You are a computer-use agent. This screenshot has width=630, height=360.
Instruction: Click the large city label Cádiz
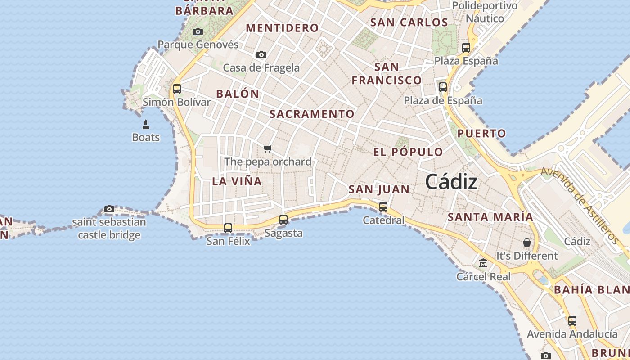451,182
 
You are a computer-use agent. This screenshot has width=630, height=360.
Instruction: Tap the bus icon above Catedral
383,207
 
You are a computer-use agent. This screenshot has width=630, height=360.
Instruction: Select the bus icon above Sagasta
283,220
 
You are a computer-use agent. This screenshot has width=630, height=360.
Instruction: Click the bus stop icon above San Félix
228,228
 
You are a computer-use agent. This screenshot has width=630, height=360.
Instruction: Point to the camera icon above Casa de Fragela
261,55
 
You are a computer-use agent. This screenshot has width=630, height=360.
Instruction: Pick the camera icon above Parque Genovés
198,32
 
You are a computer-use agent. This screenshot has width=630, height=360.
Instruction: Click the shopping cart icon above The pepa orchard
268,148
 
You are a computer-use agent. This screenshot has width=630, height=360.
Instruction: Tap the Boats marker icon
146,124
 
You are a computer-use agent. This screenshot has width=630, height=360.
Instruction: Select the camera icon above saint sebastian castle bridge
109,209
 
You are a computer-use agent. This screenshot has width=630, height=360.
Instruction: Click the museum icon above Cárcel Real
483,263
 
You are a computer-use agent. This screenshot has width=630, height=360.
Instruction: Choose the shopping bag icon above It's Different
527,243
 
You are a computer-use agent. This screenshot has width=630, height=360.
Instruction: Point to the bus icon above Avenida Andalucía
572,321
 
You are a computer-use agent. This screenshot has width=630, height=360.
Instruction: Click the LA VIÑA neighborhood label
237,181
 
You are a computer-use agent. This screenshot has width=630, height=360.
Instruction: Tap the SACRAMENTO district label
312,114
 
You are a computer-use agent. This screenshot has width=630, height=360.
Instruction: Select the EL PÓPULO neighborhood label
408,152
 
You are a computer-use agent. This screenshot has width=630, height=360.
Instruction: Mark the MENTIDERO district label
282,28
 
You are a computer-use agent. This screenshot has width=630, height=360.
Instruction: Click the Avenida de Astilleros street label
580,205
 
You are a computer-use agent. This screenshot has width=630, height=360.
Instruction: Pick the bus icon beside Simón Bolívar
177,89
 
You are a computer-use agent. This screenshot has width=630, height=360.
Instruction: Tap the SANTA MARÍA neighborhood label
490,217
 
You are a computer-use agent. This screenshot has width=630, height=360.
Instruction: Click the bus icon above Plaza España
466,47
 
